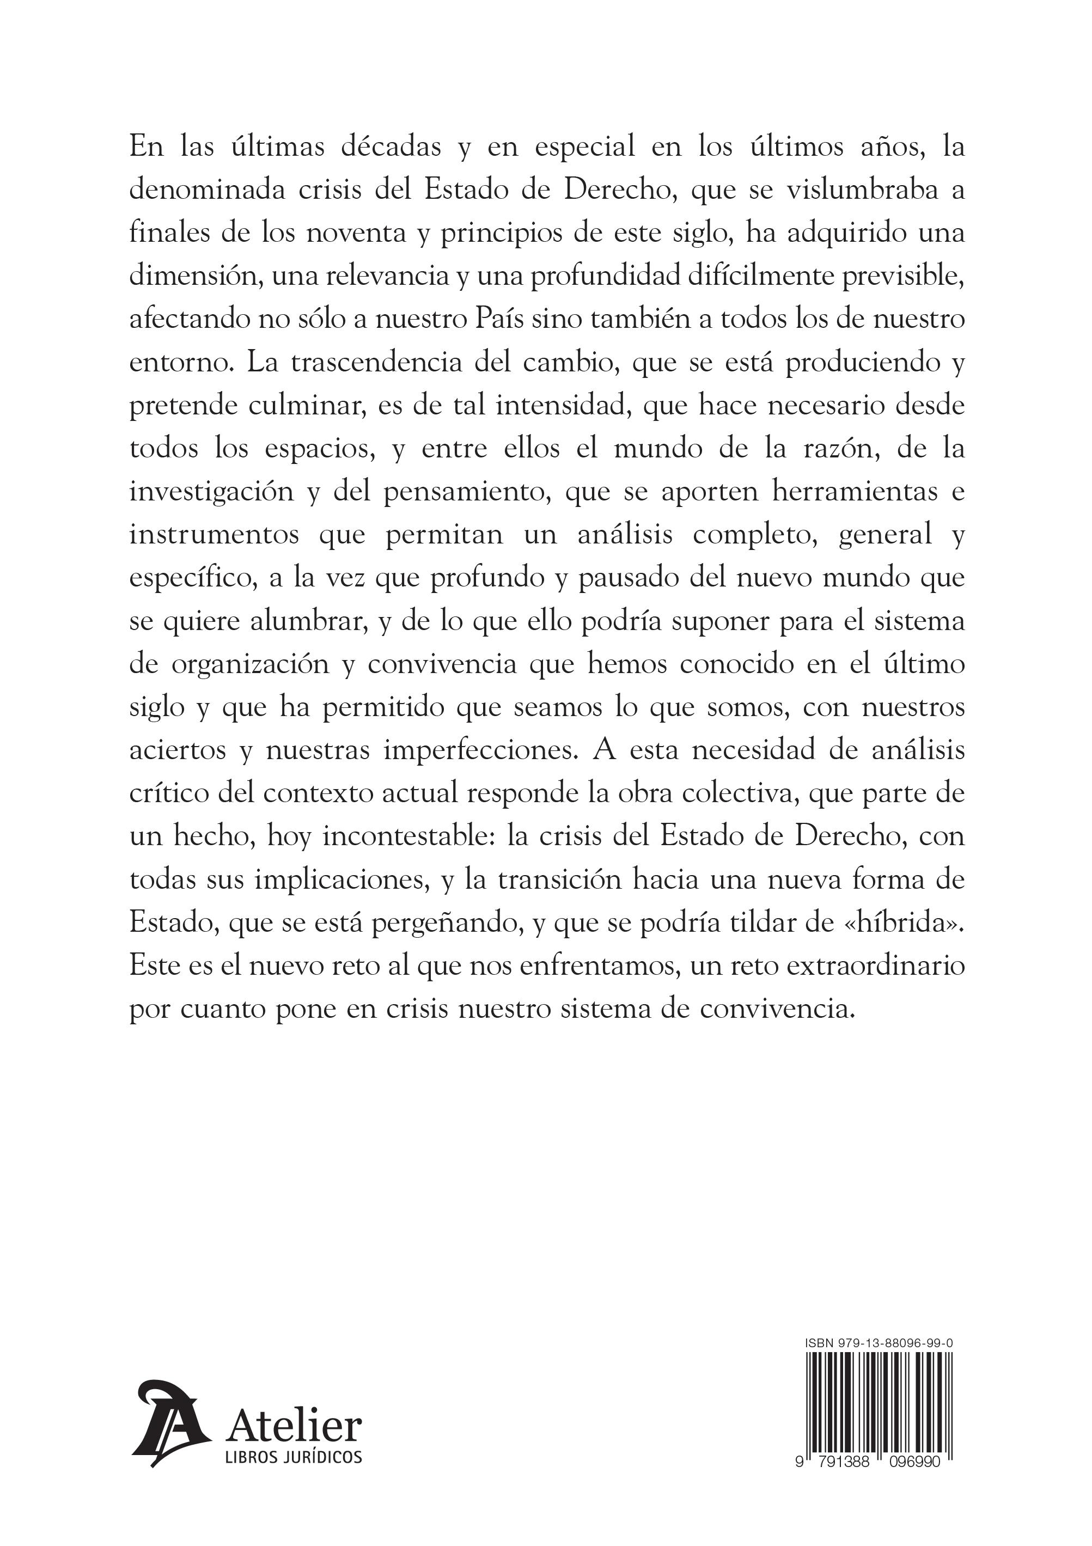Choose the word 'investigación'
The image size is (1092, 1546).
click(x=211, y=492)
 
